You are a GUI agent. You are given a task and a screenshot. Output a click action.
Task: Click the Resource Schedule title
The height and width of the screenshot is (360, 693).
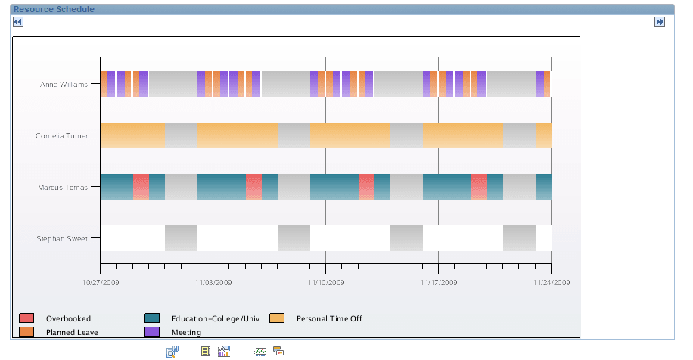tap(54, 9)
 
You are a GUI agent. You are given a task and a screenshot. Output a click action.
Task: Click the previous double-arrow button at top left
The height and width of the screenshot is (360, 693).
tap(18, 22)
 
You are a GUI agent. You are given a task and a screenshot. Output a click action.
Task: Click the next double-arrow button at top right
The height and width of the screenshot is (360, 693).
tap(659, 22)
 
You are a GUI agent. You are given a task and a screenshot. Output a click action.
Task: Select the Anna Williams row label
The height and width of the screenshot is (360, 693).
tap(64, 85)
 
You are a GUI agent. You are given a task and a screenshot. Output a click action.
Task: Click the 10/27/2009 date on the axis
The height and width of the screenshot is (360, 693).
tap(100, 282)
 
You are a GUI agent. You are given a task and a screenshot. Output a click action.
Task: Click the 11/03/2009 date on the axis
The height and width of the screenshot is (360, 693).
tap(213, 282)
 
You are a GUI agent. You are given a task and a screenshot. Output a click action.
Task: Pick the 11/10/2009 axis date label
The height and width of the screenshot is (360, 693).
tap(325, 282)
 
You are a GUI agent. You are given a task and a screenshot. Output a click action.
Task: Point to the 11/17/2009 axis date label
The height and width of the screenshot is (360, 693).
tap(438, 282)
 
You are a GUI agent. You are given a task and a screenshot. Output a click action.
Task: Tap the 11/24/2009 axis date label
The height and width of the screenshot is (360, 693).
tap(551, 282)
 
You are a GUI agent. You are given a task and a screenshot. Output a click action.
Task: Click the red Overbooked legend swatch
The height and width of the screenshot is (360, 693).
tap(26, 318)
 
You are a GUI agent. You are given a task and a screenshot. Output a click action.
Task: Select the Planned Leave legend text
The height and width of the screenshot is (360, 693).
tap(72, 332)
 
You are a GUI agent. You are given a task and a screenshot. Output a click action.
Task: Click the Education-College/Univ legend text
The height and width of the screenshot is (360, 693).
tap(216, 318)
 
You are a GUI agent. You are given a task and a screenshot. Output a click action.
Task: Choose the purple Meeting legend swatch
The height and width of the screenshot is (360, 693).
tap(151, 331)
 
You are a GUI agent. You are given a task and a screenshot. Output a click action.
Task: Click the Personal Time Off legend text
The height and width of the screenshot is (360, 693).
tap(329, 318)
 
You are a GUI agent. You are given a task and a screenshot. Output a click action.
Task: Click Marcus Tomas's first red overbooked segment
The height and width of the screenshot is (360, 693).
tap(141, 187)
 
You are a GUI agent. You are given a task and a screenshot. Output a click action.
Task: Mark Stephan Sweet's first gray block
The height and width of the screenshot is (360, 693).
tap(181, 238)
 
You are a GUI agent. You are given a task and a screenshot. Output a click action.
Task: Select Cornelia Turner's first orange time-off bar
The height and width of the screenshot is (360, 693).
tap(132, 135)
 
